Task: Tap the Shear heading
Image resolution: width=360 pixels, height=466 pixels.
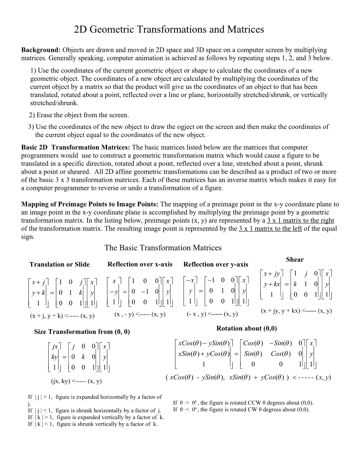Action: click(295, 259)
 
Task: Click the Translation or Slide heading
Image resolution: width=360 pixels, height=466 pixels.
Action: click(59, 264)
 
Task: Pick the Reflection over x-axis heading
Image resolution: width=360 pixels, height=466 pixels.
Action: click(140, 264)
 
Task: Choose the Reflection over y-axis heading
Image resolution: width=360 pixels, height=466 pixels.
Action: click(216, 264)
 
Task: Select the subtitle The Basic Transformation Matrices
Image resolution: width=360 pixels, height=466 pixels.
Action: click(163, 248)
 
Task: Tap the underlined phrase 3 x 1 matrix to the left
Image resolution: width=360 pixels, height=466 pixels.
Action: click(270, 228)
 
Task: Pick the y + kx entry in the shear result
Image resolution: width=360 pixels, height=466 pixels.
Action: click(272, 284)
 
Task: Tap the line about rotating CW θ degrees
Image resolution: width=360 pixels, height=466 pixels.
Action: click(241, 410)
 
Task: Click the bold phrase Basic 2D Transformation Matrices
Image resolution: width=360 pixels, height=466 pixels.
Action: click(76, 148)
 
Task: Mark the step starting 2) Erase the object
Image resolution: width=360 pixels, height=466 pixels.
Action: click(79, 115)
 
